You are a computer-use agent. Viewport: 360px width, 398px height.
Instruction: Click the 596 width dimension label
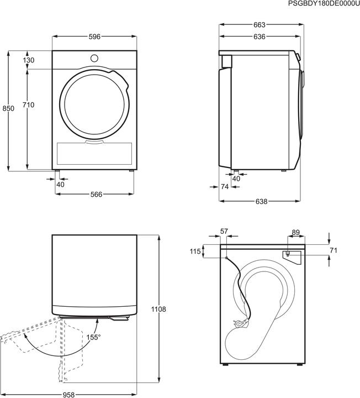[x=94, y=37]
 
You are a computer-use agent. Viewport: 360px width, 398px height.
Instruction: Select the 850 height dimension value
[x=8, y=109]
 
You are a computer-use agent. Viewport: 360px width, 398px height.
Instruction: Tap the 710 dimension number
[x=29, y=105]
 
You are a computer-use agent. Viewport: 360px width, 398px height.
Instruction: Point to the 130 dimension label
[x=29, y=60]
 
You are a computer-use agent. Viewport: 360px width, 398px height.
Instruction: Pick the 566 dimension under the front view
[x=96, y=194]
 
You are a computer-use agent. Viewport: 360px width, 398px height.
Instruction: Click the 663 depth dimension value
[x=259, y=25]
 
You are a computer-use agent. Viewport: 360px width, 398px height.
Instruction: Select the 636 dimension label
[x=259, y=37]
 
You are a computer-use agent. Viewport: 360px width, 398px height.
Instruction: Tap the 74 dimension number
[x=224, y=187]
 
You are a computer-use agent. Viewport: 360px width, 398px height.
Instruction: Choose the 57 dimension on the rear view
[x=224, y=231]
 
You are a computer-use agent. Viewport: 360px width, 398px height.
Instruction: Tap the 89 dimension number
[x=295, y=232]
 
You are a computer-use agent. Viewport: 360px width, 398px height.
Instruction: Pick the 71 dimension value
[x=333, y=251]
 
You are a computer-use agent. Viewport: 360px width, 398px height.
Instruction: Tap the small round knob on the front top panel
[x=94, y=57]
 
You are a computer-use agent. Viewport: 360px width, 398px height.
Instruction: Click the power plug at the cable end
[x=239, y=324]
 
